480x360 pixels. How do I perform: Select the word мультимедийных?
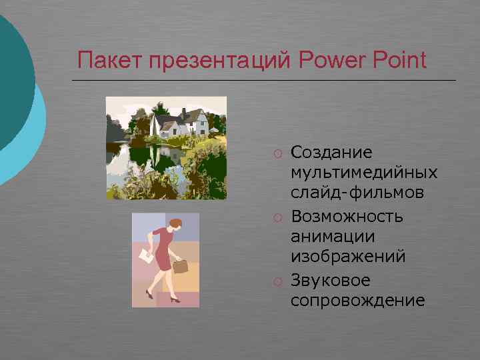point(364,173)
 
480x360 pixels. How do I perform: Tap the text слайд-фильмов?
point(357,194)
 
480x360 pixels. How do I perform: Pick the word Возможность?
point(347,216)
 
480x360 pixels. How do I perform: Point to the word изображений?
point(348,257)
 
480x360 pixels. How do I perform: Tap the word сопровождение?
point(357,300)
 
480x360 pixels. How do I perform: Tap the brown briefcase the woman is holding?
point(181,267)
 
